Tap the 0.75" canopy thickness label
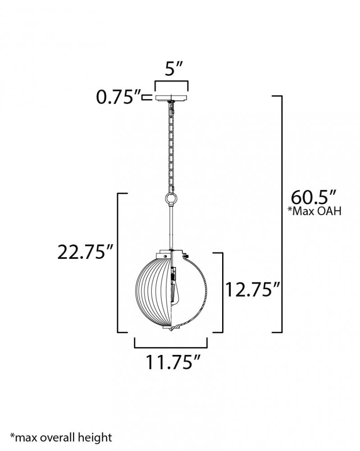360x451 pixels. tap(118, 97)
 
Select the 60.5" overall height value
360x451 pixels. tap(314, 198)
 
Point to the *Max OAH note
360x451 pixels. tap(314, 212)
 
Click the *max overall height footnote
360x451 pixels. tap(61, 437)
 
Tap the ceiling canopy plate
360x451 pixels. tap(172, 98)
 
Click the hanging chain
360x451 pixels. tap(172, 147)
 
